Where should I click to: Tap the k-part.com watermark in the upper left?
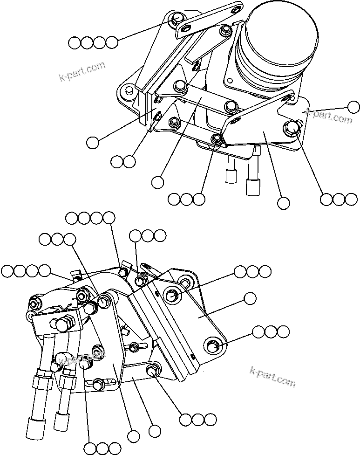[x=82, y=71]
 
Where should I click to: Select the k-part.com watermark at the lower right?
[x=272, y=377]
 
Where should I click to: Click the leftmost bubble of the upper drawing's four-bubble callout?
[x=74, y=43]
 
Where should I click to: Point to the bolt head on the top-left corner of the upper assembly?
[x=177, y=19]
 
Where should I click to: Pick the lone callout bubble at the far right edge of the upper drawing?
[x=354, y=107]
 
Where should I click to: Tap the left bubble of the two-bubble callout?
[x=117, y=162]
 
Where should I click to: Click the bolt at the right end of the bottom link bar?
[x=152, y=371]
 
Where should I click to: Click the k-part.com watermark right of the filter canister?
[x=330, y=116]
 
